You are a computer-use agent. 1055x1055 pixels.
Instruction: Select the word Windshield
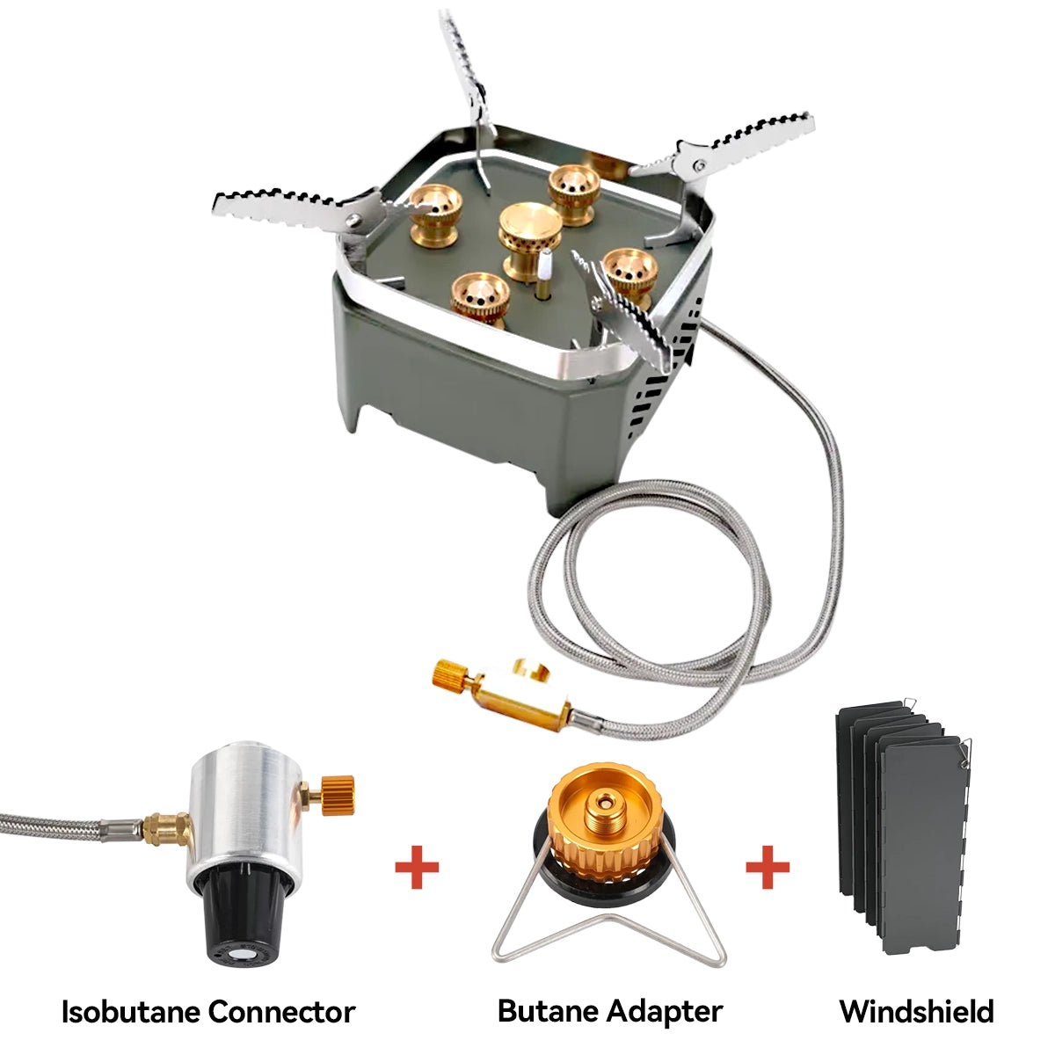[x=916, y=1012]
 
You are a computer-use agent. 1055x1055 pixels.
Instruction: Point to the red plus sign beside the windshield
[x=768, y=868]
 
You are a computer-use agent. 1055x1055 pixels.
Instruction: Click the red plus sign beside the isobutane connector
[x=417, y=868]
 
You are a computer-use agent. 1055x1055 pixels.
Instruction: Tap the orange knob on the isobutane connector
[x=337, y=795]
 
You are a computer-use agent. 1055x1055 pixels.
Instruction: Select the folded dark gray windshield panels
[x=901, y=818]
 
